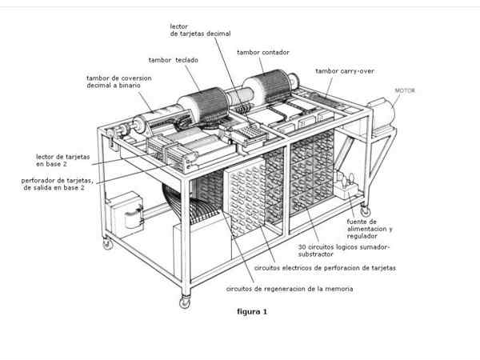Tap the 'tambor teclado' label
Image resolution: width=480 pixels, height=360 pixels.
[174, 59]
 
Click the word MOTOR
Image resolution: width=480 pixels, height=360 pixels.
[404, 91]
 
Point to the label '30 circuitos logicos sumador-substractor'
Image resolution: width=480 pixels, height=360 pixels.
[344, 251]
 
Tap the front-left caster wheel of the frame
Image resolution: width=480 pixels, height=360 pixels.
[185, 302]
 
